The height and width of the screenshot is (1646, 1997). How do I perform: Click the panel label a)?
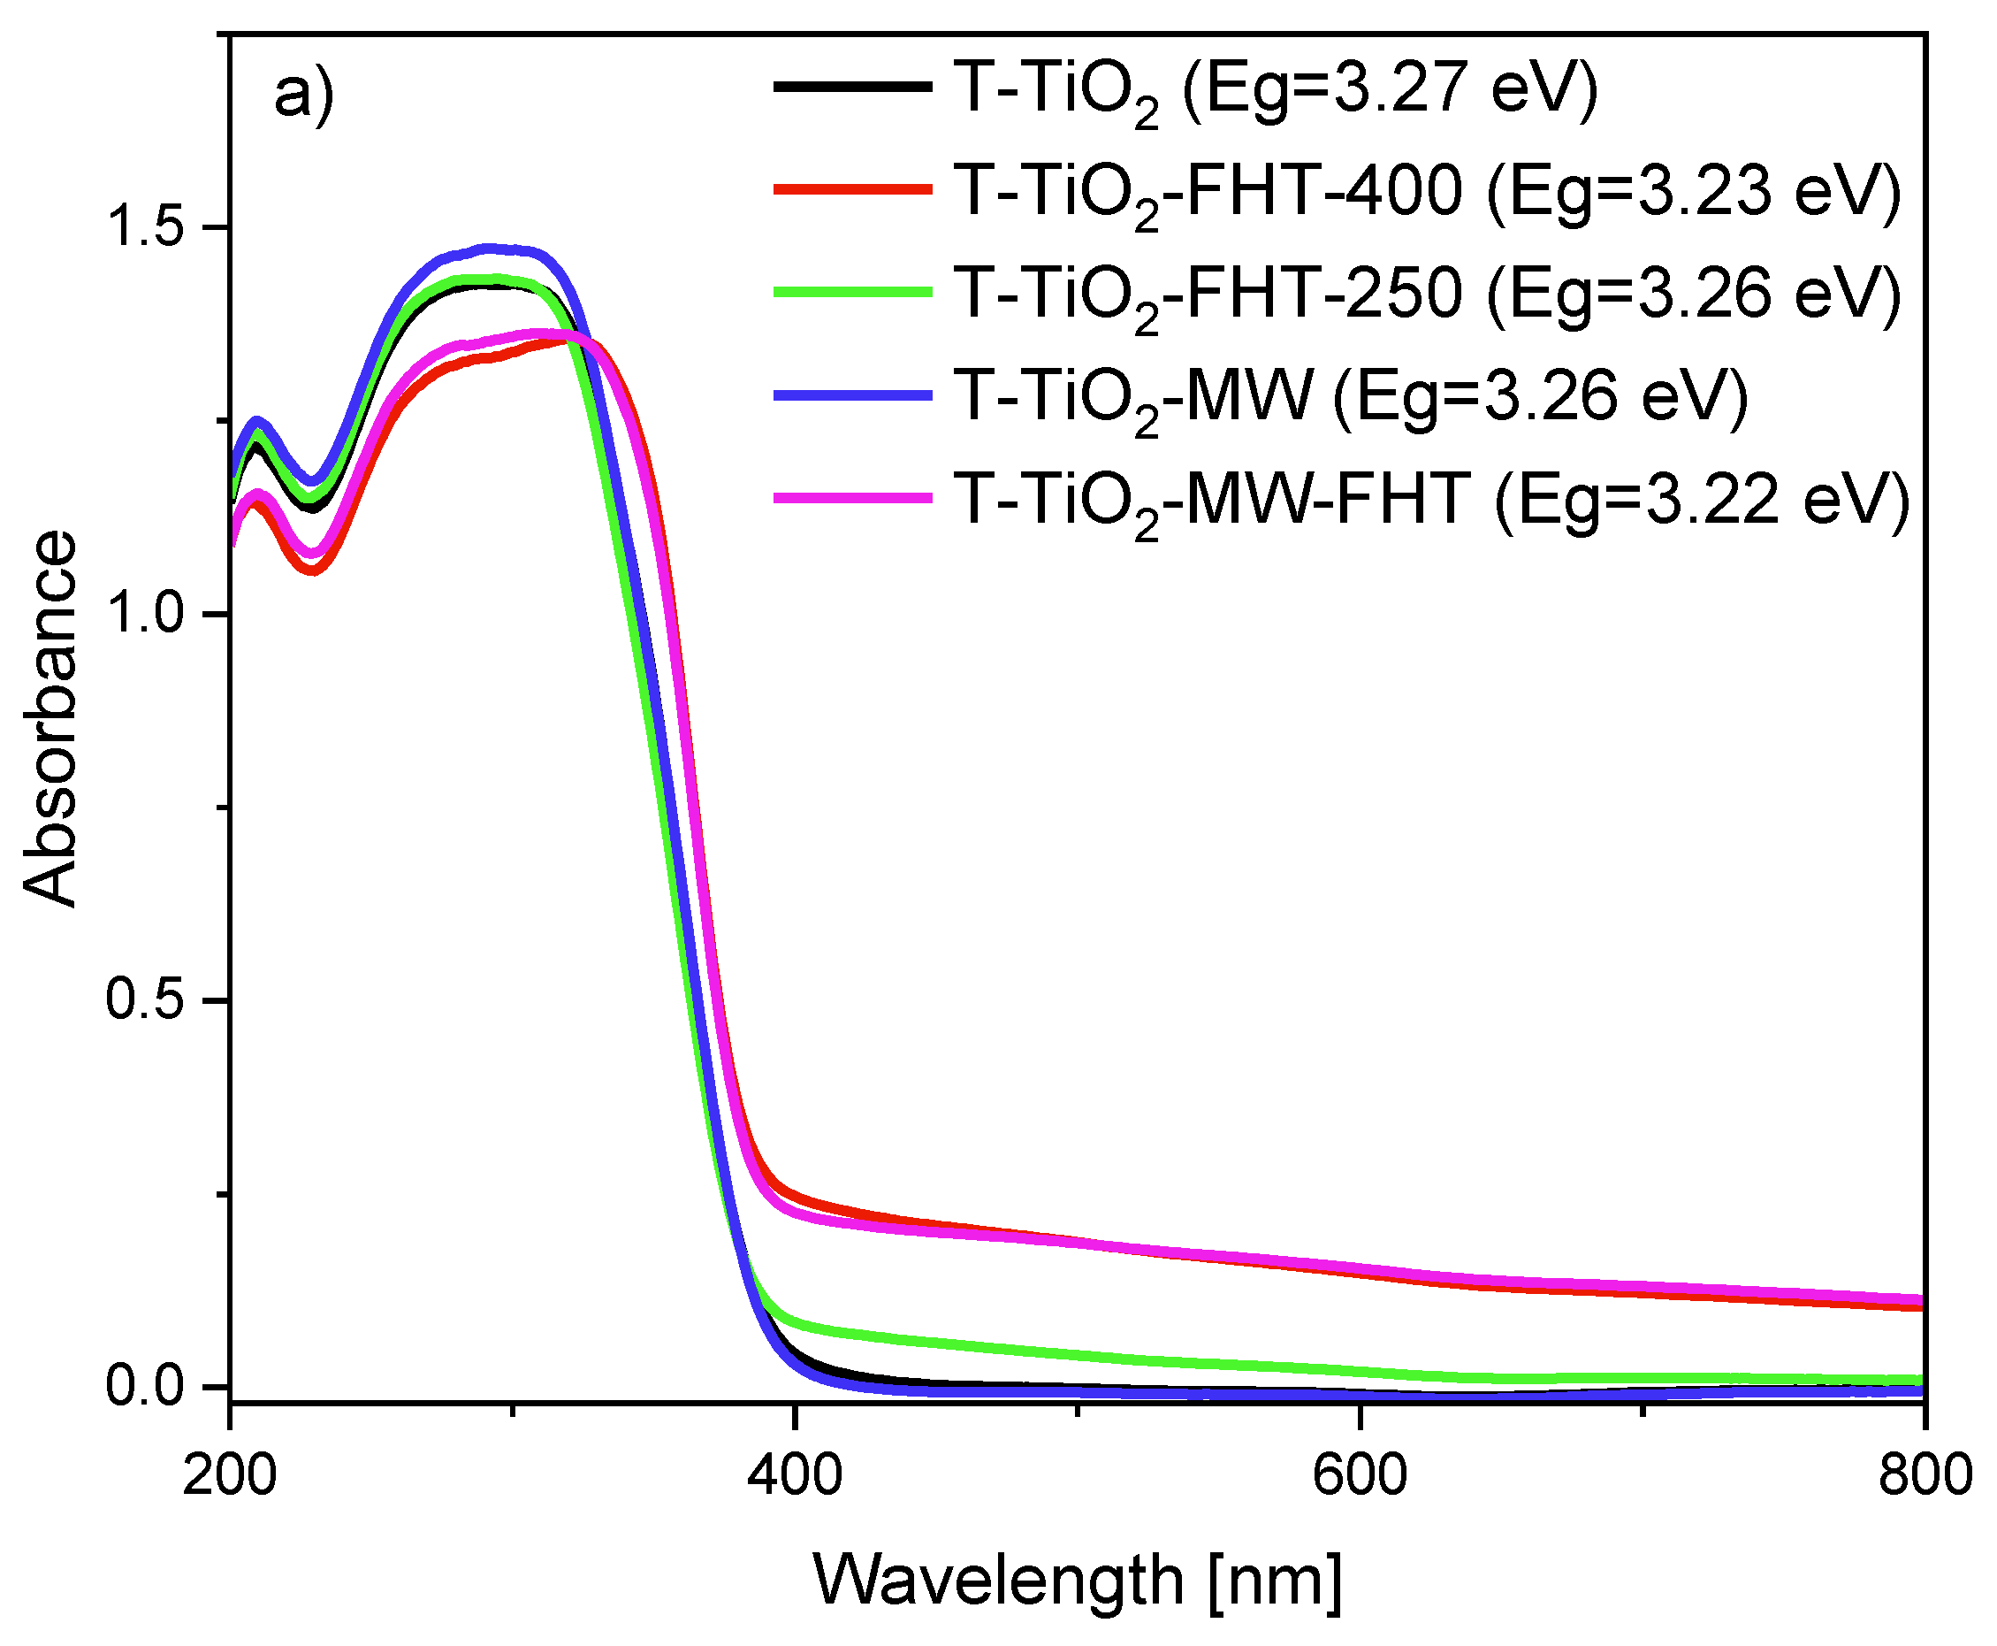click(x=303, y=95)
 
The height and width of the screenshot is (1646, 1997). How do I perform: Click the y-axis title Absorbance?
click(x=50, y=719)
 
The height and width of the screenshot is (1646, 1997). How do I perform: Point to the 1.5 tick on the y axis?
click(x=142, y=227)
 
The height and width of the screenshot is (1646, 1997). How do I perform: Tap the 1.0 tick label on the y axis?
click(x=142, y=615)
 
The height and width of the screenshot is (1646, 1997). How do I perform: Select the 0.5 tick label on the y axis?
click(x=142, y=1000)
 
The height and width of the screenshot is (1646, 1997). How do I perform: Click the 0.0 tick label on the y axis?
click(x=142, y=1386)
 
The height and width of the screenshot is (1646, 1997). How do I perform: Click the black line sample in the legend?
click(x=852, y=88)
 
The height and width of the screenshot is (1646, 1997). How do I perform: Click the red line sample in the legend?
click(x=852, y=189)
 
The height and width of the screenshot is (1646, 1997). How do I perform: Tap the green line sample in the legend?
click(x=852, y=292)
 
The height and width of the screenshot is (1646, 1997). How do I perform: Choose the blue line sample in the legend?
click(x=852, y=394)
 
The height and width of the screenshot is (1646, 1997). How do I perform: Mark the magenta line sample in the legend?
click(x=852, y=497)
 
